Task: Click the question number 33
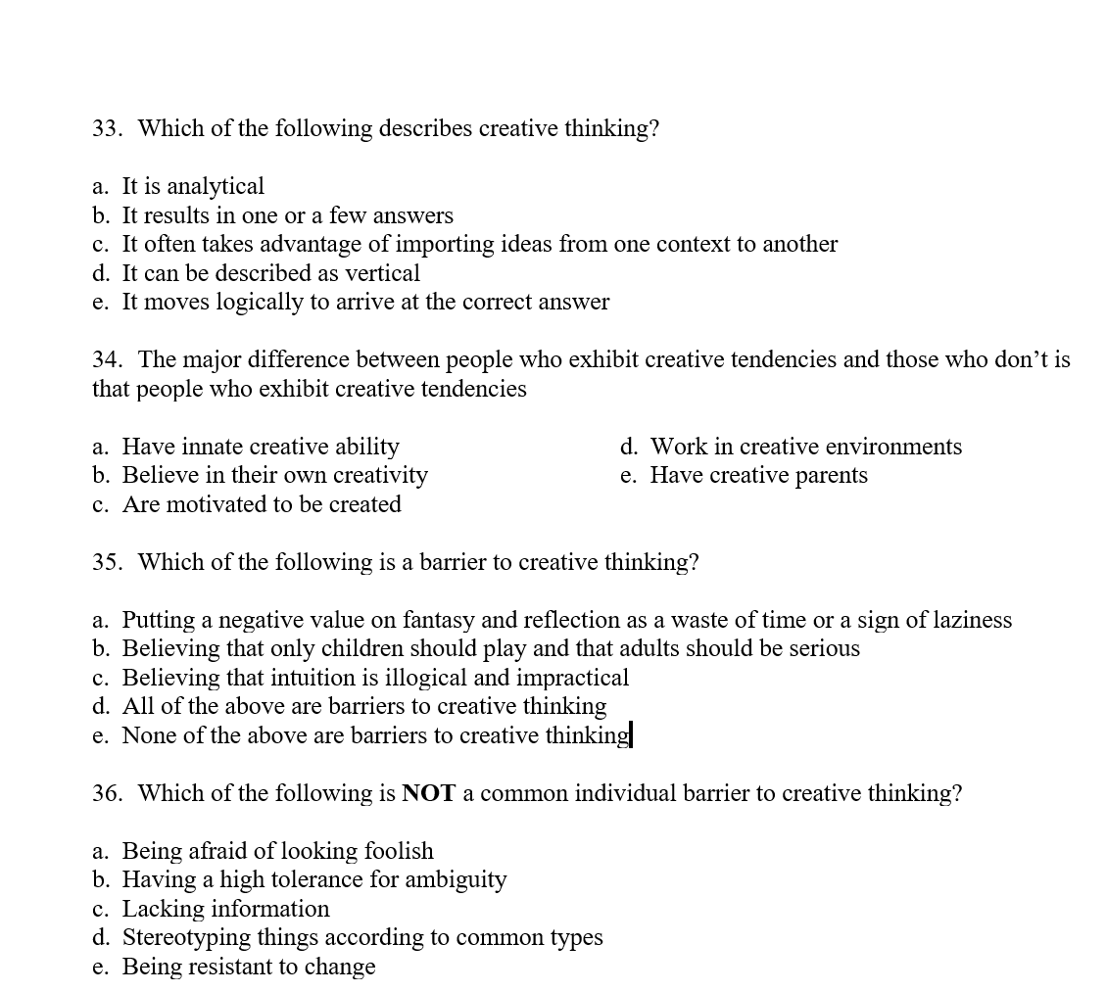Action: [106, 128]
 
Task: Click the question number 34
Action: [106, 359]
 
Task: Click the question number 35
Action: [106, 562]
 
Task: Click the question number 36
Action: [106, 793]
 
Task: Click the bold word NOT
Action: [428, 793]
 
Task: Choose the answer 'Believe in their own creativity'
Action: [274, 475]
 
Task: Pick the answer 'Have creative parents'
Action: [758, 475]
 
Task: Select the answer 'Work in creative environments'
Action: [805, 447]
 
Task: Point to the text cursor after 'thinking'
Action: [632, 734]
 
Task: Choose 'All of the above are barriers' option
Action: [363, 706]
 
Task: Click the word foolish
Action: [398, 851]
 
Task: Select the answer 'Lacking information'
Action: [225, 909]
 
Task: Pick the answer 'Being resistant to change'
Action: [248, 967]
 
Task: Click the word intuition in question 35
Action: [267, 678]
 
